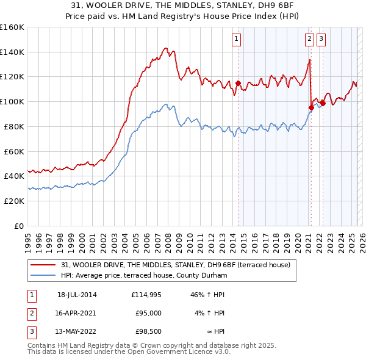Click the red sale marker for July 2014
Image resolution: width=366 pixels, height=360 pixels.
click(x=239, y=84)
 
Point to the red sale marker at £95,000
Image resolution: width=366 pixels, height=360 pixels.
click(x=311, y=108)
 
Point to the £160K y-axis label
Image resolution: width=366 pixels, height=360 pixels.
click(x=12, y=27)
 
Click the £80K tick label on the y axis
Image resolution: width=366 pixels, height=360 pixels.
click(x=15, y=126)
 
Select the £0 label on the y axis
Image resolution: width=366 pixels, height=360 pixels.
click(x=19, y=226)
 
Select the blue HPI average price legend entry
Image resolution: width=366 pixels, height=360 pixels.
click(x=144, y=276)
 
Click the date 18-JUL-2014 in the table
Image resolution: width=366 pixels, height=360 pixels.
click(x=77, y=295)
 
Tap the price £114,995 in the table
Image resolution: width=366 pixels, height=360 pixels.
click(x=146, y=295)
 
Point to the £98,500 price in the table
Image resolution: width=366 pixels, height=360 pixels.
click(x=148, y=333)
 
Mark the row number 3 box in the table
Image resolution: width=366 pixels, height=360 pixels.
click(x=30, y=333)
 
